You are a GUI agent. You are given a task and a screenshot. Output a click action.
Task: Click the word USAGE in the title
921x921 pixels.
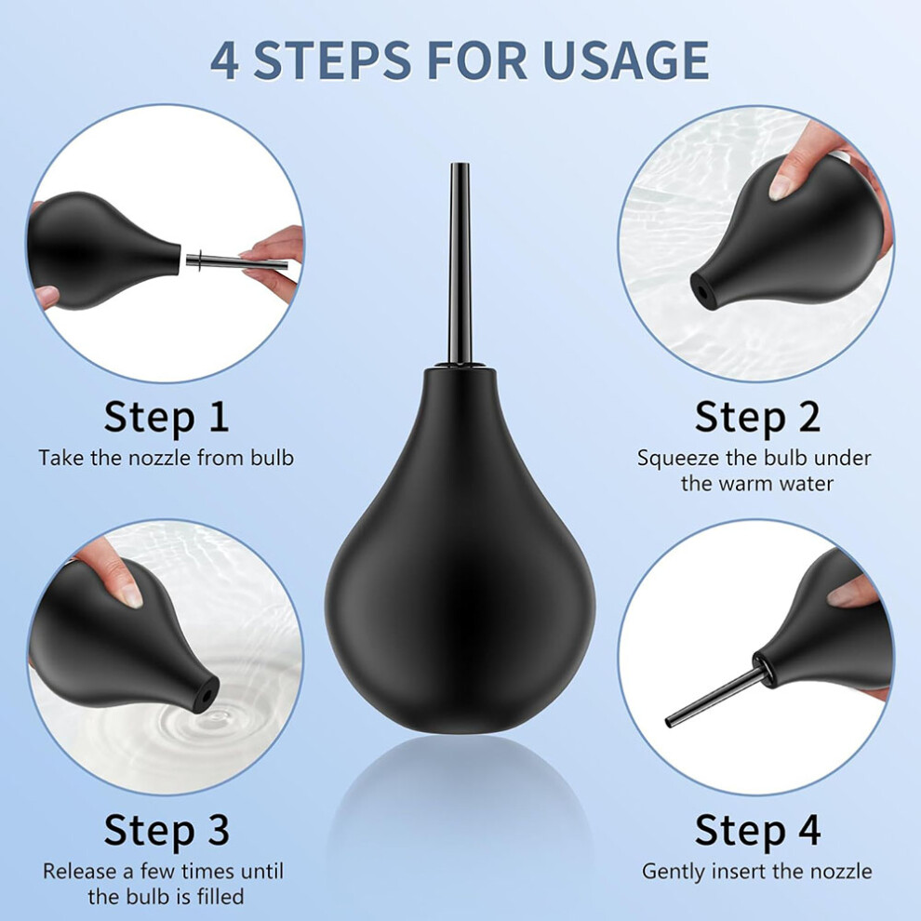click(626, 60)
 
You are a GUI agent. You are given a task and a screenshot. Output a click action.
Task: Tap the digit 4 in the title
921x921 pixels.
click(225, 60)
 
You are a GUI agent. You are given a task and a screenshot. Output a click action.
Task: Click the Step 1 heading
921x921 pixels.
click(167, 417)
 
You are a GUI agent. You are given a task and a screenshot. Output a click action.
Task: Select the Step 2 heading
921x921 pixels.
click(757, 417)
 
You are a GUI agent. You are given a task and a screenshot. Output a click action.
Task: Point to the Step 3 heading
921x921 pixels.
click(167, 830)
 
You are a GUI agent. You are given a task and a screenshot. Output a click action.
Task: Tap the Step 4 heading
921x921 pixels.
click(757, 830)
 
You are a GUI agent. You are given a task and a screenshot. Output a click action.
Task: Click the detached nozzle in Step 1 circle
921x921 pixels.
click(236, 260)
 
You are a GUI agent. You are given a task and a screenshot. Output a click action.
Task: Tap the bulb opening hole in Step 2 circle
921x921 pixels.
click(701, 291)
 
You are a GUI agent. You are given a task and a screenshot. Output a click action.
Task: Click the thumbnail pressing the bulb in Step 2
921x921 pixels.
click(781, 189)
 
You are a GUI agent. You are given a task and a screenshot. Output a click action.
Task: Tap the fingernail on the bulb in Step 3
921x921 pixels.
click(130, 595)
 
